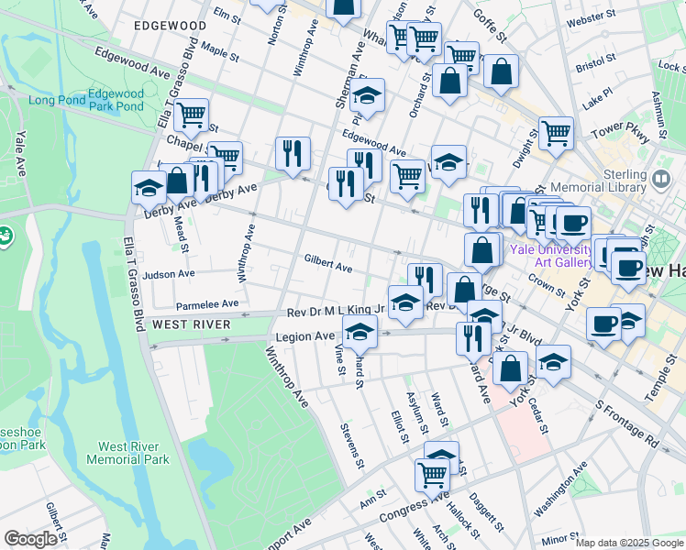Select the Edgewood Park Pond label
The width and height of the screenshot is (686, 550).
pyautogui.click(x=116, y=100)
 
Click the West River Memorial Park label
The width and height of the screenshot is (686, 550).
pyautogui.click(x=127, y=453)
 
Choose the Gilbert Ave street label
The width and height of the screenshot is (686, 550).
pyautogui.click(x=328, y=267)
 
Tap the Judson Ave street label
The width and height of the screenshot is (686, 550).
pyautogui.click(x=169, y=273)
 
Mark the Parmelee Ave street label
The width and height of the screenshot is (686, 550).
pyautogui.click(x=207, y=303)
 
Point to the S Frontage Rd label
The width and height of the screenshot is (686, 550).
pyautogui.click(x=626, y=423)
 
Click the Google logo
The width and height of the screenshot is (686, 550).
pyautogui.click(x=30, y=539)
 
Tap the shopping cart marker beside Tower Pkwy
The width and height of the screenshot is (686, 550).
pyautogui.click(x=556, y=134)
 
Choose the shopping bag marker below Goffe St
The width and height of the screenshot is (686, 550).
pyautogui.click(x=501, y=71)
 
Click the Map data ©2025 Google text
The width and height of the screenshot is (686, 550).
pyautogui.click(x=628, y=543)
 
